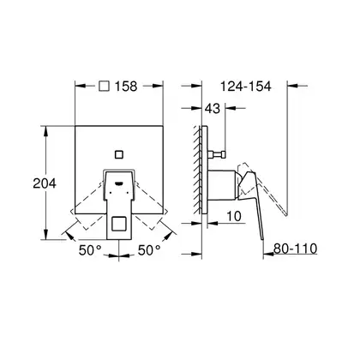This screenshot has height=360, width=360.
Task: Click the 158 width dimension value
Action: pyautogui.click(x=126, y=86)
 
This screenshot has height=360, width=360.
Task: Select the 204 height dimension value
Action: pyautogui.click(x=45, y=183)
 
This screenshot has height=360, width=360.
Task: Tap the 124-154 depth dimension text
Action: pyautogui.click(x=246, y=86)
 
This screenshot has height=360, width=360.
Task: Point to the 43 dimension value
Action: pyautogui.click(x=213, y=108)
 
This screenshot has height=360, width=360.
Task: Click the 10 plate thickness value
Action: pyautogui.click(x=234, y=216)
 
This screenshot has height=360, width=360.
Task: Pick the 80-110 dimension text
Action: pyautogui.click(x=295, y=249)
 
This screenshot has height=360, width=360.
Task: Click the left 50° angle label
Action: pyautogui.click(x=90, y=250)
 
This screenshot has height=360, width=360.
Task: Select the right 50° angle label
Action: pyautogui.click(x=149, y=250)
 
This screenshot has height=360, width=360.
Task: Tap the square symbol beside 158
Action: pyautogui.click(x=104, y=86)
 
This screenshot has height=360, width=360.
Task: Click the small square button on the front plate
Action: pyautogui.click(x=118, y=154)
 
